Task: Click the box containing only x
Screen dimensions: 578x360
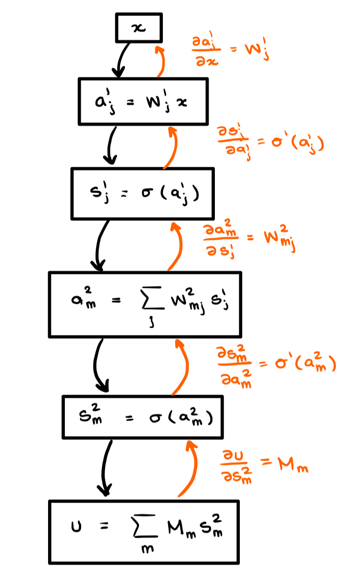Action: [139, 27]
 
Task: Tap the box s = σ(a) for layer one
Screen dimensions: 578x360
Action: [142, 194]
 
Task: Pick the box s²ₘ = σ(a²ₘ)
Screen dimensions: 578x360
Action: [142, 417]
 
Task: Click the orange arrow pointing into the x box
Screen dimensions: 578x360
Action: [161, 60]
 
